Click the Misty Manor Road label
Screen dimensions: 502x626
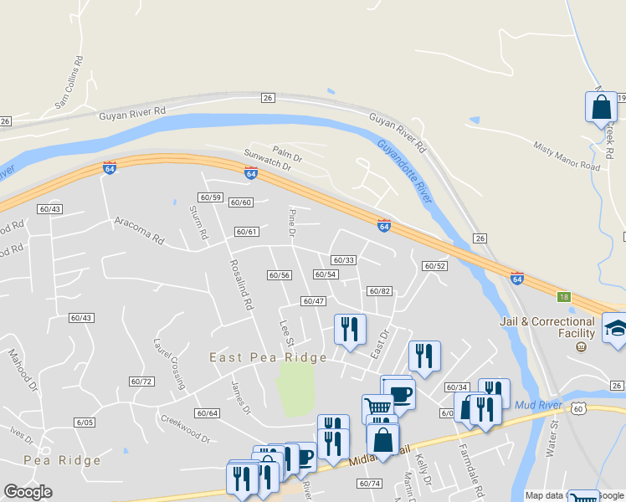coord(567,156)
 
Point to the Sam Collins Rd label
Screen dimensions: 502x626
coord(70,83)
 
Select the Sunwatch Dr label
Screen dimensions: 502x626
coord(267,161)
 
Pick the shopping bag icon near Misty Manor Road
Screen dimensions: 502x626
coord(601,107)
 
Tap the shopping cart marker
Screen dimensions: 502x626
coord(378,409)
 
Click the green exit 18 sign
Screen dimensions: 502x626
coord(563,297)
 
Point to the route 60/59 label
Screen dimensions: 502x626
coord(210,197)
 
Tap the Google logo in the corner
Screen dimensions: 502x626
coord(28,492)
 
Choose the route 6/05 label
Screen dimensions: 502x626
coord(84,423)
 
